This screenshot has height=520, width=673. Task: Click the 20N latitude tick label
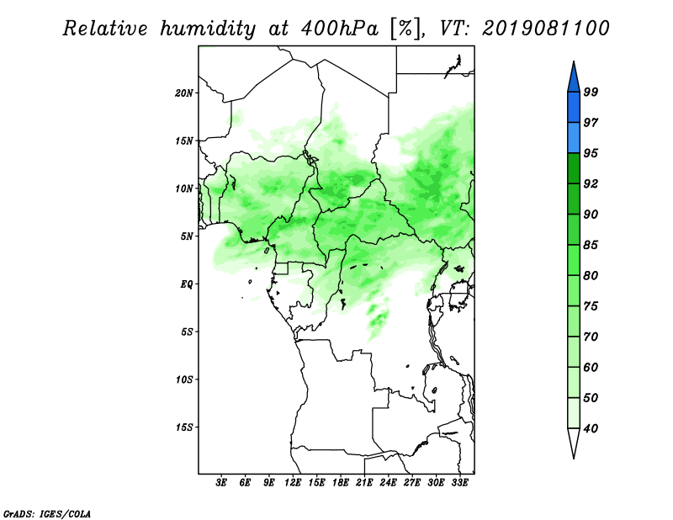click(x=184, y=93)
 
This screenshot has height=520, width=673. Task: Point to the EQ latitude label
click(x=186, y=284)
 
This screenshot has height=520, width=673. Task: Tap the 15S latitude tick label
click(x=184, y=427)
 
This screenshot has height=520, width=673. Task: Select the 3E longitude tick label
click(x=221, y=483)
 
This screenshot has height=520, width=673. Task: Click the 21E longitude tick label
click(x=364, y=483)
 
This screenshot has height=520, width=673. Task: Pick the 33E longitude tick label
click(x=459, y=483)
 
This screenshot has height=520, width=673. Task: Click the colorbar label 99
click(x=591, y=92)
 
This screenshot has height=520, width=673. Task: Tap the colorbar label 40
click(x=591, y=428)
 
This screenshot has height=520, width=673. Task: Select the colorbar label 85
click(x=591, y=245)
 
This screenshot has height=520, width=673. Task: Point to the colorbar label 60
click(x=591, y=367)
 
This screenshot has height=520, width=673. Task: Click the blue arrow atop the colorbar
click(x=574, y=77)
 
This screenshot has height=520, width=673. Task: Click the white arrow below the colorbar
click(x=574, y=443)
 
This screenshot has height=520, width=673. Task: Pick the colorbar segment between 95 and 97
click(x=574, y=138)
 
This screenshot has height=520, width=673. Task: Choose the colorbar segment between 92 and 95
click(x=574, y=168)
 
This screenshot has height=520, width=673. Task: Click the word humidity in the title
click(x=207, y=29)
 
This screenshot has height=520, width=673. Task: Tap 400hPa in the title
click(x=340, y=29)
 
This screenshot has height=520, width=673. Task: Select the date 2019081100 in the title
click(x=545, y=29)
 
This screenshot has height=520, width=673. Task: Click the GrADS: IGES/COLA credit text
click(x=47, y=513)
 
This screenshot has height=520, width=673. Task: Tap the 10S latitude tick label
click(x=184, y=379)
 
